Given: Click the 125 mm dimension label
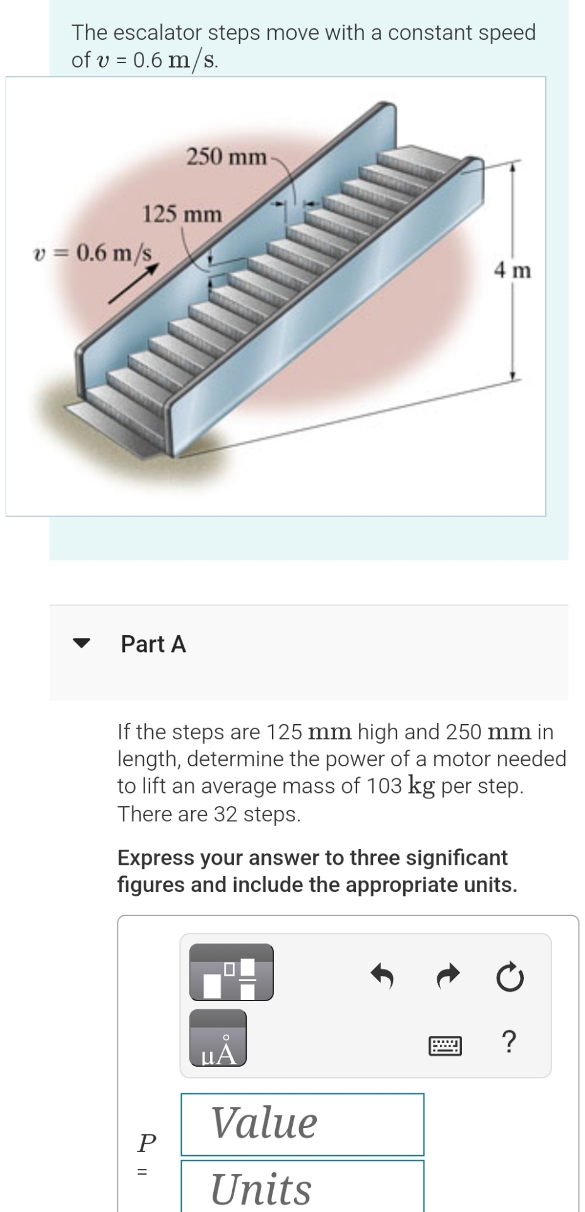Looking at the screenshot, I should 182,215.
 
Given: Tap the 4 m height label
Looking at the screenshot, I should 512,271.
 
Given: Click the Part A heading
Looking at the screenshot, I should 153,644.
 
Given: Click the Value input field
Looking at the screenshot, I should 302,1124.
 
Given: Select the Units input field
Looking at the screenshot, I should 302,1187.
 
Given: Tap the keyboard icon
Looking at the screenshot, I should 446,1047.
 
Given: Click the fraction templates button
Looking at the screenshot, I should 232,971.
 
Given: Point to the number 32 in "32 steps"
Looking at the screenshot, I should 226,814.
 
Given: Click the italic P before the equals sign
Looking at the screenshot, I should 146,1141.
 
